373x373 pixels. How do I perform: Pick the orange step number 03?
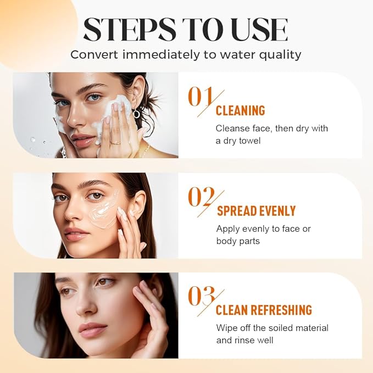pos(201,296)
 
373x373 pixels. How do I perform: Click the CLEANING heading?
pos(240,111)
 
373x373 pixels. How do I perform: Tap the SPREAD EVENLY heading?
pos(256,211)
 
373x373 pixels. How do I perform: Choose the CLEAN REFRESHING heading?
pos(264,310)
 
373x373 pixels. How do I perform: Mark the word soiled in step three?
pos(268,328)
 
